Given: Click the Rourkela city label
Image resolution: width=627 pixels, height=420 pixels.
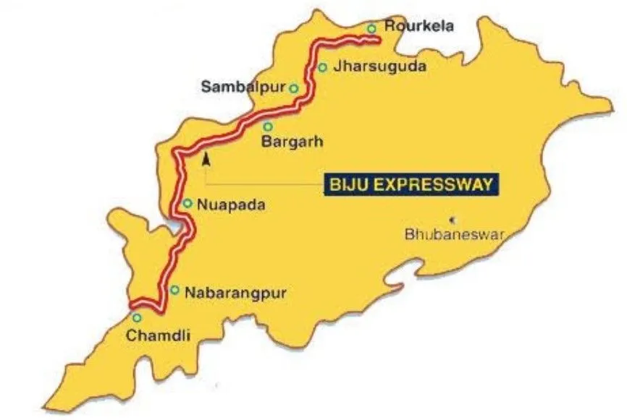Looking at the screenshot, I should coord(419,27).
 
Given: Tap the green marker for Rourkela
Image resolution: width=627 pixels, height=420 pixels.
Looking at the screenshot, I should coord(371,29).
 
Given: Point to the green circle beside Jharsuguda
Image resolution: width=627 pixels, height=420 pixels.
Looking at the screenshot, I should coord(322,68).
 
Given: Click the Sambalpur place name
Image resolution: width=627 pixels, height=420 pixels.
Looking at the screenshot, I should coord(243,88).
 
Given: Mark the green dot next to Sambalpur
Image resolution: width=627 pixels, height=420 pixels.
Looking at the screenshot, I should coord(294,88).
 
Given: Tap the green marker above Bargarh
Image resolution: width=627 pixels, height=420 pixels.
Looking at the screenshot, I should coord(268,127).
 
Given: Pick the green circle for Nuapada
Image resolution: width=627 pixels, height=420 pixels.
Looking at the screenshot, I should coord(187,204).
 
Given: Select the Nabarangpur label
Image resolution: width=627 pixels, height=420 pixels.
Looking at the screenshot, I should coord(237,293).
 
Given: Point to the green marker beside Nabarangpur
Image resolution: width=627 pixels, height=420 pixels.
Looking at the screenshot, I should coord(174,290).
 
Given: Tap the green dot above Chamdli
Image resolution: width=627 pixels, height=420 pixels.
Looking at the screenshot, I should coord(136,317).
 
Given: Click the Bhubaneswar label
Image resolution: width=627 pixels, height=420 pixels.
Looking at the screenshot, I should coord(453,234).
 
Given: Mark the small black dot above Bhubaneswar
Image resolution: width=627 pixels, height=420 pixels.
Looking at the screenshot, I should coord(454,218).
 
